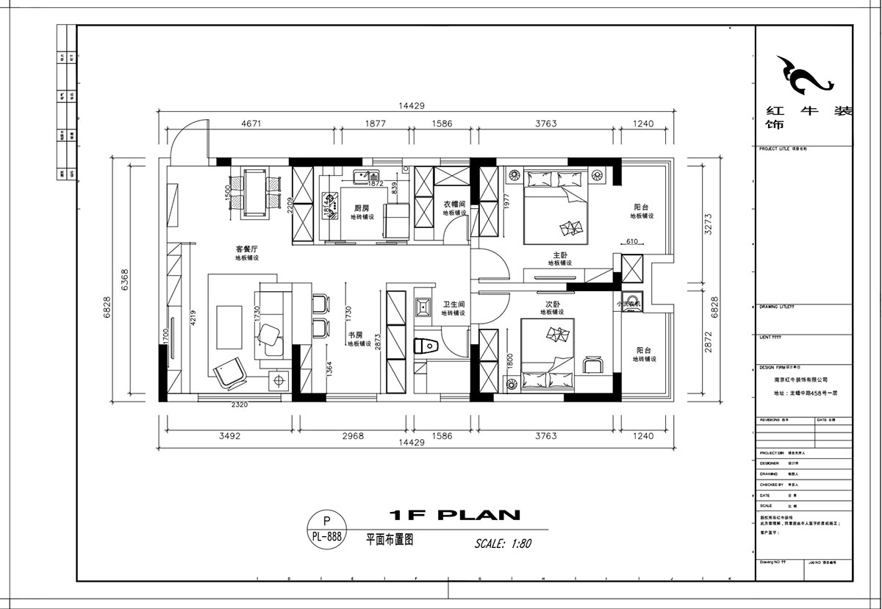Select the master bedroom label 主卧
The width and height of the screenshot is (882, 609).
click(561, 254)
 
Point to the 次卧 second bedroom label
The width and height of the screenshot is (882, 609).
click(553, 303)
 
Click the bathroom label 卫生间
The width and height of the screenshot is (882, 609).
click(453, 304)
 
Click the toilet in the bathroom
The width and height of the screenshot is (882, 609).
click(427, 346)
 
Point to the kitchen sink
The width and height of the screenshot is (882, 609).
click(363, 176)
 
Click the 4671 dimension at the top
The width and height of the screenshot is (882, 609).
click(251, 124)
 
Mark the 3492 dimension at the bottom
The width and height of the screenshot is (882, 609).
click(229, 436)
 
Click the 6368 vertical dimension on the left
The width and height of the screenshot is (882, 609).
click(125, 279)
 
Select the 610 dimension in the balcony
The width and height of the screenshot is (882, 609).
click(633, 241)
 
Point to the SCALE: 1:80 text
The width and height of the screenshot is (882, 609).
click(503, 544)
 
